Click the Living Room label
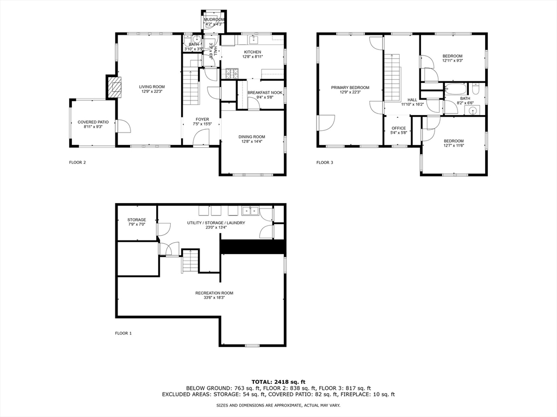[x=152, y=86]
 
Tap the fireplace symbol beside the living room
[x=114, y=87]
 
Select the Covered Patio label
[x=93, y=122]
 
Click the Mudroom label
[x=214, y=20]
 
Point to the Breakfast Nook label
[x=265, y=93]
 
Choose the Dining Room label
[x=252, y=137]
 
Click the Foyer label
[x=202, y=119]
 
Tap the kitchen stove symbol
[x=232, y=72]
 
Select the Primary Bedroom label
[x=350, y=87]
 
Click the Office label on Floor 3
[x=399, y=128]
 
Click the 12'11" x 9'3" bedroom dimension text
[x=452, y=61]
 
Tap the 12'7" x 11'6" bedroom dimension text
[x=453, y=146]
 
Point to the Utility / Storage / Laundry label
[x=216, y=223]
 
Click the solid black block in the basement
[x=253, y=247]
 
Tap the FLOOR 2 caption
[x=77, y=162]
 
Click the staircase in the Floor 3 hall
[x=392, y=76]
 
